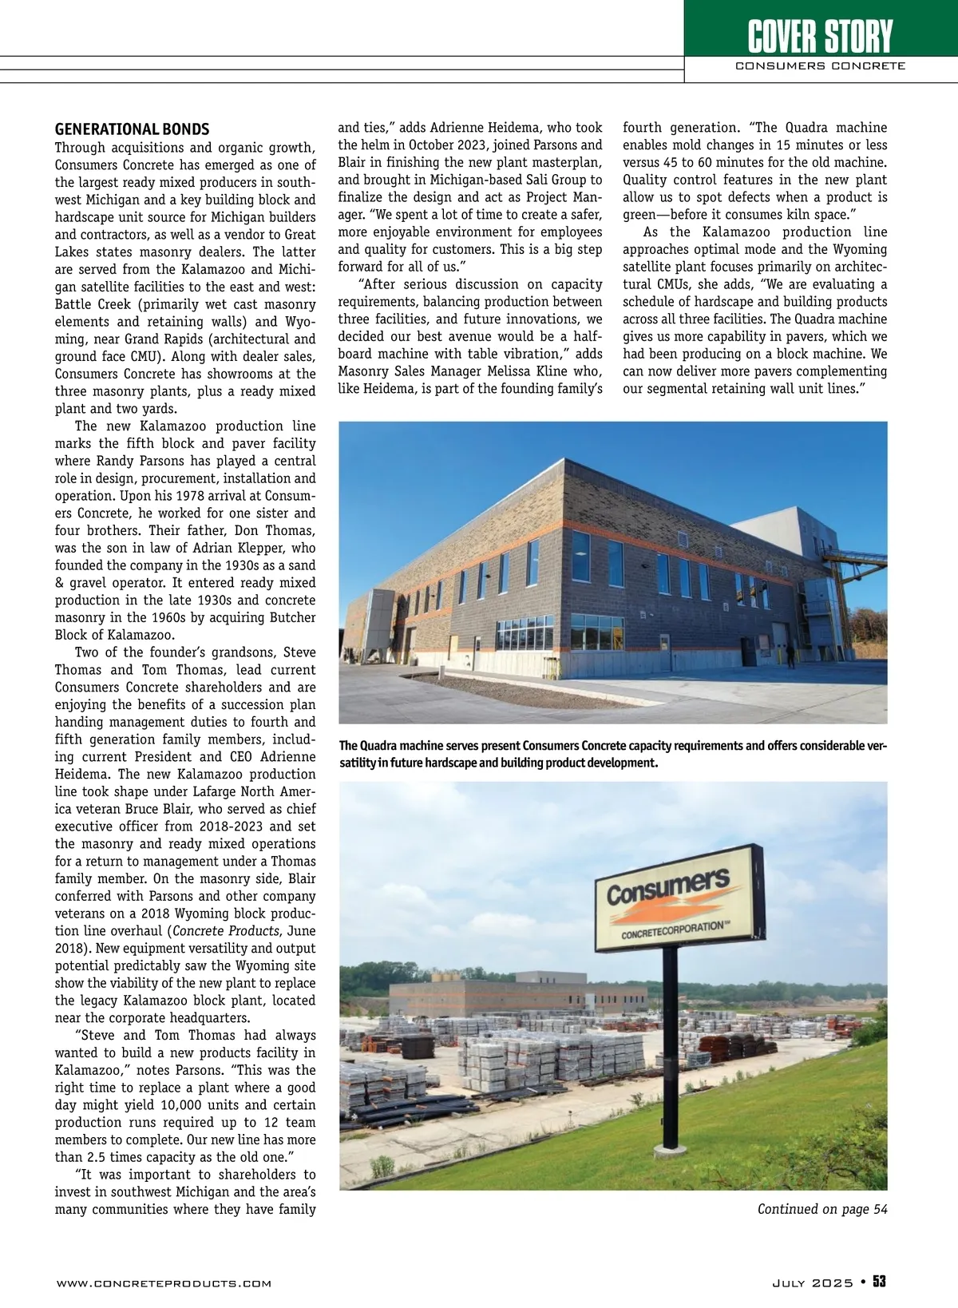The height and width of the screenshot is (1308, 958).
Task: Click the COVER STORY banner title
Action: pos(820,35)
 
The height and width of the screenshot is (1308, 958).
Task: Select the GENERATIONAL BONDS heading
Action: pos(132,129)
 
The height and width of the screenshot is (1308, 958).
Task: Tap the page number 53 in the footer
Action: pos(879,1282)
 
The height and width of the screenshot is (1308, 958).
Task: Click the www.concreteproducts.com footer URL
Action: pos(164,1283)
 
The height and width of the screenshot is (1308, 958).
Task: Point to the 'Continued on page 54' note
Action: pos(822,1209)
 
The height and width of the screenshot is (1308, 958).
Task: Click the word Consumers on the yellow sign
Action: pos(668,888)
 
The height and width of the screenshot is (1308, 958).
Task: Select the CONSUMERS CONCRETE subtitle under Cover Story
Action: pos(820,66)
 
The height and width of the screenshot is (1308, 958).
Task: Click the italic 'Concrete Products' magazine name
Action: pos(225,931)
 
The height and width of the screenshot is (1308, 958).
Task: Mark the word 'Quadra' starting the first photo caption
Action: pos(386,747)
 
